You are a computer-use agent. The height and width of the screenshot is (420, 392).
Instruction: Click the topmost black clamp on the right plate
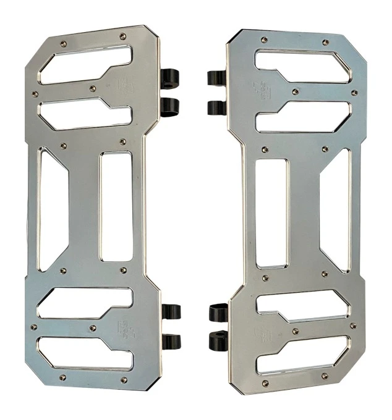coord(216,78)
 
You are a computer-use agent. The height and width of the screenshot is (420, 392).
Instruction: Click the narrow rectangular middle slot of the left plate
coord(116,206)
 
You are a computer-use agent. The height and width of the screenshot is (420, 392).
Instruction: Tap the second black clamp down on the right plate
coord(216,107)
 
